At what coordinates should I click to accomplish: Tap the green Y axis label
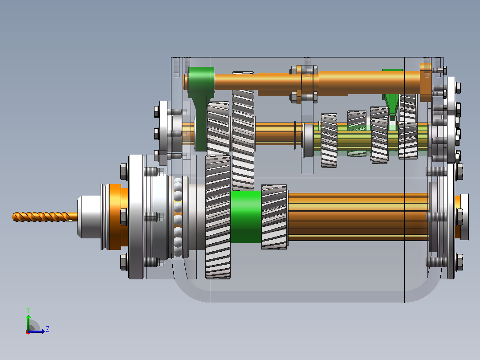point(28,310)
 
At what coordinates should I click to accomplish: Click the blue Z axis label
point(48,329)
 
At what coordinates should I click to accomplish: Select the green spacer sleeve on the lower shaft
point(246,217)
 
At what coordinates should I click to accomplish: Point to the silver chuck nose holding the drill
point(89,217)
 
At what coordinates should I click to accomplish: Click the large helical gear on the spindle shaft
point(218,217)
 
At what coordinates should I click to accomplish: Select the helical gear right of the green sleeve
point(274,217)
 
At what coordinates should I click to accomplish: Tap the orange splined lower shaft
point(358,217)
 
